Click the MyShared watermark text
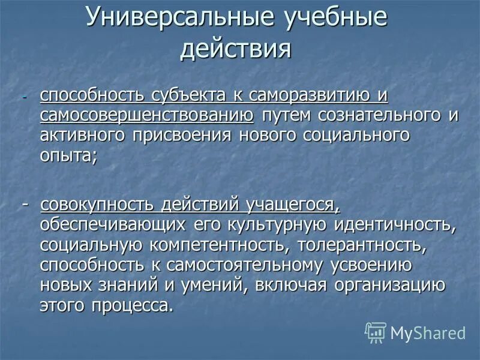[427, 333]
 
